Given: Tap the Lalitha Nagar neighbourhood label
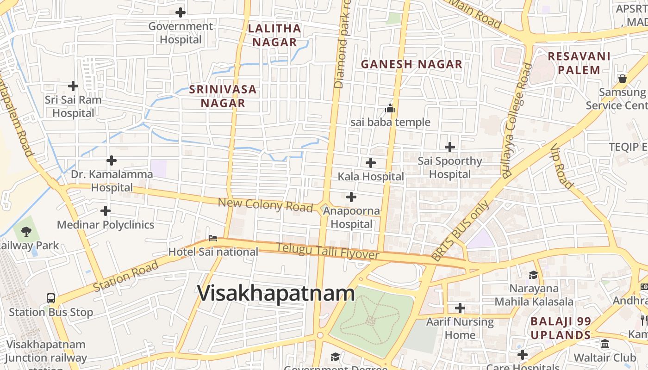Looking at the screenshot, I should (274, 35).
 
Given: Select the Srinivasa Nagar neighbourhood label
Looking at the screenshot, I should (223, 96).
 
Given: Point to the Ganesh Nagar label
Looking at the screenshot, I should (411, 64).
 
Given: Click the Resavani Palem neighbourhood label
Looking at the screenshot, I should (579, 63).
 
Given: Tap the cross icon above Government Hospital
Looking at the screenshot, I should (181, 12).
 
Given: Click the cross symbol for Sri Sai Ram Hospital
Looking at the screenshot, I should (73, 86).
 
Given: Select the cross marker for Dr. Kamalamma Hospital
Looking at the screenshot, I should (112, 160).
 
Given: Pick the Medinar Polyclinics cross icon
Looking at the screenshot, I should (106, 211).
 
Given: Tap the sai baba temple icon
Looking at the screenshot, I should (390, 109).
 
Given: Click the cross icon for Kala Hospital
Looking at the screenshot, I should (370, 163).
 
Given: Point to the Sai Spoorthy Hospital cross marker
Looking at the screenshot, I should (449, 147).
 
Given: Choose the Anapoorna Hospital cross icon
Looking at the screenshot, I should (351, 197).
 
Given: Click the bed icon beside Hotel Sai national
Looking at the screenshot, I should (213, 238).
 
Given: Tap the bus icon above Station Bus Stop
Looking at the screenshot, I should (51, 298).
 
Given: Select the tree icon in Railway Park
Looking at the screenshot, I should (26, 230).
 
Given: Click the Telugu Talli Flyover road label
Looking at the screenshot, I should (328, 252).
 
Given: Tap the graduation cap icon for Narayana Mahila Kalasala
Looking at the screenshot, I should (533, 275).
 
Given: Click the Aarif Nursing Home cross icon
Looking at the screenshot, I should (460, 308).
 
